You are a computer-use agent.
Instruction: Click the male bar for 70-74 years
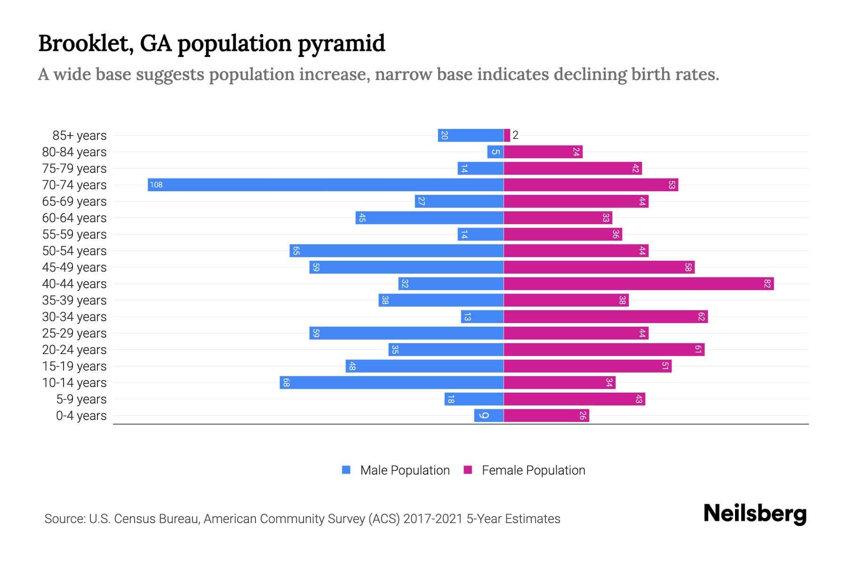(326, 185)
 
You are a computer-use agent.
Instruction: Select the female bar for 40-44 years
(639, 283)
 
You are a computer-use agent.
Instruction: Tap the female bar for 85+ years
(507, 135)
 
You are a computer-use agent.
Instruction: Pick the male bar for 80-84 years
(495, 152)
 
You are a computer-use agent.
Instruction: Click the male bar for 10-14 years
(392, 382)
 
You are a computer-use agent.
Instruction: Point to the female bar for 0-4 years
(546, 415)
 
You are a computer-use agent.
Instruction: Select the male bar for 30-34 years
(482, 316)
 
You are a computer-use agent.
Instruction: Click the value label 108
(156, 185)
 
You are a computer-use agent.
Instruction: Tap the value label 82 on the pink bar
(767, 283)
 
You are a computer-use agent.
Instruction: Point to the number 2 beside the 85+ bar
(515, 135)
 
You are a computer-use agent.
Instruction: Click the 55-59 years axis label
(74, 234)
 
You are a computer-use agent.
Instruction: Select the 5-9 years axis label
(81, 399)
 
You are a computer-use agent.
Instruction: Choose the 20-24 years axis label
(74, 350)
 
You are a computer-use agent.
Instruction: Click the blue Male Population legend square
(346, 470)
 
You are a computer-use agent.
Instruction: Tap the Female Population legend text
(533, 470)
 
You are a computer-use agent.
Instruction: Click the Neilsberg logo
(755, 514)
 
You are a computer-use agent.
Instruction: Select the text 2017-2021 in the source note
(433, 519)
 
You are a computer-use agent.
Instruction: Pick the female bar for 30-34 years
(606, 316)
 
